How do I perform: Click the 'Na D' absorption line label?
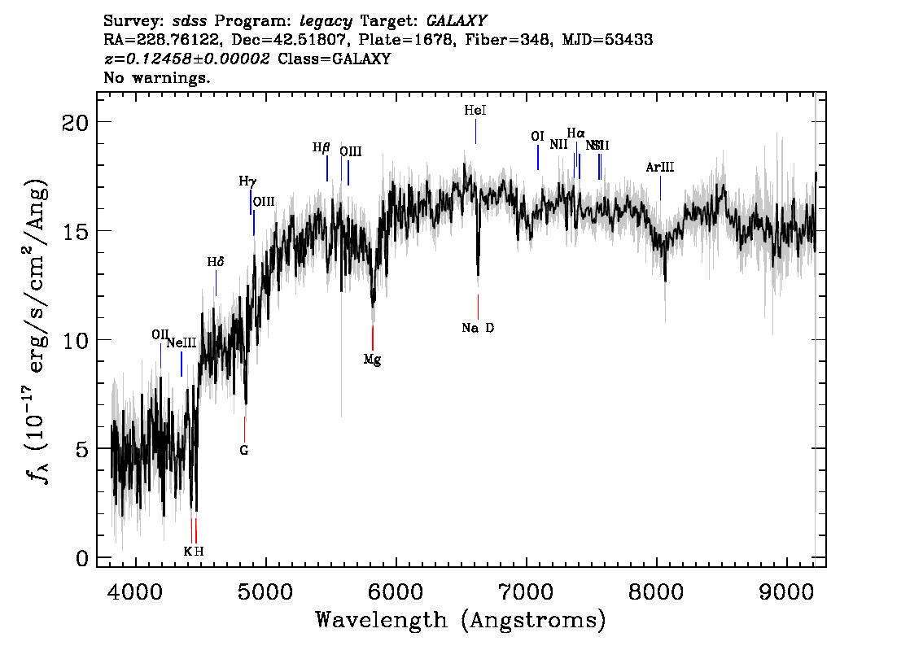[478, 328]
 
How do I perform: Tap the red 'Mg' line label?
[372, 359]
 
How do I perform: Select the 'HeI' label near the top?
[475, 111]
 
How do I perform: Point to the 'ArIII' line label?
[659, 168]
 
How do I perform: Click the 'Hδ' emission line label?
[215, 262]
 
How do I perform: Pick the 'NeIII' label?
[182, 343]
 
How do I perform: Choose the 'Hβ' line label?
[322, 148]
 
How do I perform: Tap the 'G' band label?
[243, 449]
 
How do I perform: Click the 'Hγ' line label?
[247, 181]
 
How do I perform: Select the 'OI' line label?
[537, 137]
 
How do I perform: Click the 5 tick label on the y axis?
[81, 449]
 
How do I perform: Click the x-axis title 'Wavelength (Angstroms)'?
[461, 620]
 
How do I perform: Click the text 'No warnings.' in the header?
[157, 78]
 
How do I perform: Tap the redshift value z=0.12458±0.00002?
[187, 59]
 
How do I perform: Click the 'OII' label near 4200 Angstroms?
[160, 334]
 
